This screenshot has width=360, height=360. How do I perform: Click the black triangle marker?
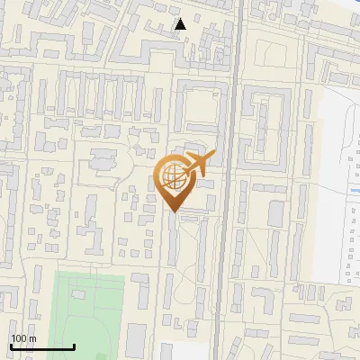point(181,24)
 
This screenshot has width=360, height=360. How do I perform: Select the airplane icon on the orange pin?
point(198,163)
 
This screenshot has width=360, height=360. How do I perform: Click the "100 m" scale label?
point(23,338)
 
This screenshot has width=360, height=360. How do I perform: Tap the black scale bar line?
point(42,346)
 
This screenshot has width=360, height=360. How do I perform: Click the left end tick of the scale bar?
point(11,345)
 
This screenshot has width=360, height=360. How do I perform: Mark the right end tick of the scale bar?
point(74,345)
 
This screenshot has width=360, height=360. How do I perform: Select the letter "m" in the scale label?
point(32,338)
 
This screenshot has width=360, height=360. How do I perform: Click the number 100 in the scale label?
point(19,338)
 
